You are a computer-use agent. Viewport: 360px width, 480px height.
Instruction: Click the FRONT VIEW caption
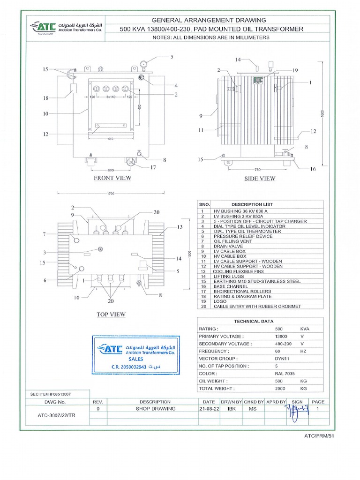click(112, 178)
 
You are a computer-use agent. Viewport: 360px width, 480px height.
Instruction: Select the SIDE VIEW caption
click(260, 179)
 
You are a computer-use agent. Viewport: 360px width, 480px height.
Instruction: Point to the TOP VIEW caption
click(111, 314)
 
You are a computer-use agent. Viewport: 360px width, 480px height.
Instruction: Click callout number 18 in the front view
click(45, 98)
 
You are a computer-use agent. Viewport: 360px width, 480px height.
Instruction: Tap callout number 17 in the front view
click(153, 167)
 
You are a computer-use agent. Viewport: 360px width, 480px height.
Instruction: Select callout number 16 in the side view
click(313, 169)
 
